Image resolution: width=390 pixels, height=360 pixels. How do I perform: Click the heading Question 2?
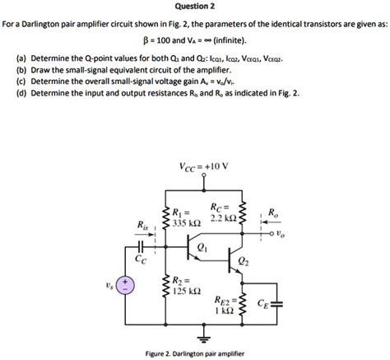194,7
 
